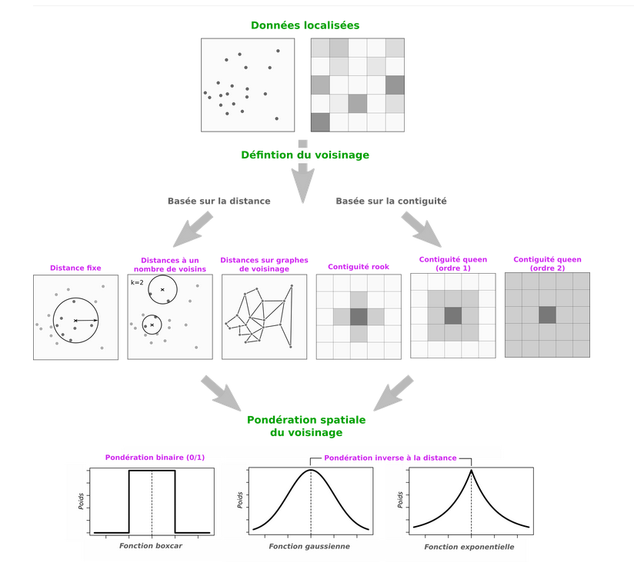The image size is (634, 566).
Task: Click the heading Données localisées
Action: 305,25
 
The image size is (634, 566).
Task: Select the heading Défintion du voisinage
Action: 305,155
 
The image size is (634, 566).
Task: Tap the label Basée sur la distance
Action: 219,201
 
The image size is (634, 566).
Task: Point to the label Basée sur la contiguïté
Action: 392,201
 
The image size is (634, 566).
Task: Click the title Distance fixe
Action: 75,268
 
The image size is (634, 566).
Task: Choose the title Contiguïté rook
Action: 359,267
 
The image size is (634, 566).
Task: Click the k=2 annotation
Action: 138,283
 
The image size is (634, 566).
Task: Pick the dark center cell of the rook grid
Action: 359,317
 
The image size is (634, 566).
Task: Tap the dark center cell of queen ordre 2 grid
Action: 546,315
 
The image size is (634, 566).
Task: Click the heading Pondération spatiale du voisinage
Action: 306,427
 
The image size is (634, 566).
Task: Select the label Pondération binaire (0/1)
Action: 155,458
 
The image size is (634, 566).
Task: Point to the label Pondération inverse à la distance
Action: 390,458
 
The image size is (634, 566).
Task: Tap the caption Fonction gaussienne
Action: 309,546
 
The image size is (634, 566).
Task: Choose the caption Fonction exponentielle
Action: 469,548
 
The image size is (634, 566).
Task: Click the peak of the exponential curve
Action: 471,470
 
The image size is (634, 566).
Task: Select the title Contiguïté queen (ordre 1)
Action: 453,263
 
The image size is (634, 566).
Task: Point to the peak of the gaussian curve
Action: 311,470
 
